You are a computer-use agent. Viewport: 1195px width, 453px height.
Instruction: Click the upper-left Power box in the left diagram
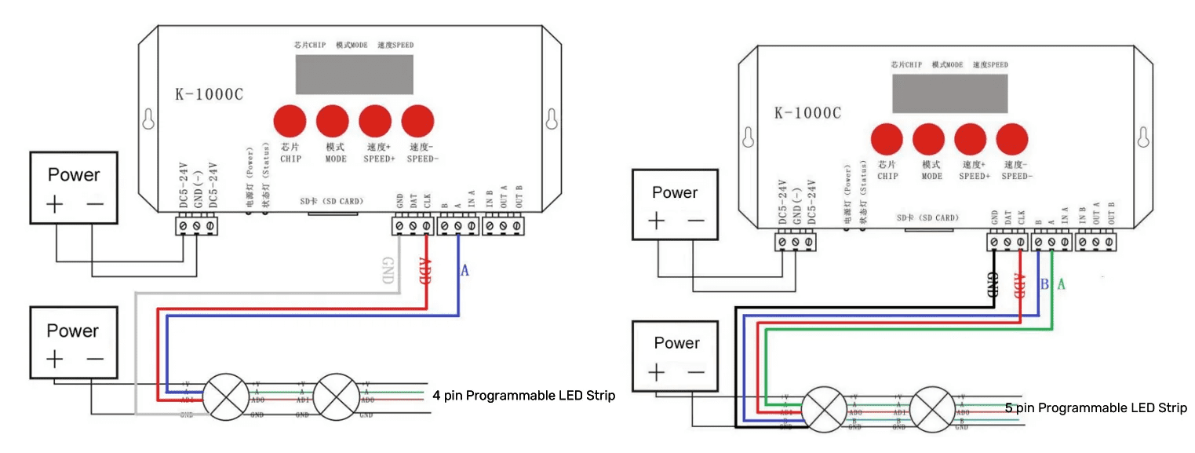74,189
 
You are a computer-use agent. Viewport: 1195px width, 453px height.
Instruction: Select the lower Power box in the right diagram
676,357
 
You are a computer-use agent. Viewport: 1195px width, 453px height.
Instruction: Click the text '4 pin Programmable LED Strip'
523,396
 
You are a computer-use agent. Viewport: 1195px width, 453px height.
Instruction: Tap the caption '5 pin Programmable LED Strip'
1095,407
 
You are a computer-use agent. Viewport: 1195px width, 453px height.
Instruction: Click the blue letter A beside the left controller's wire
464,271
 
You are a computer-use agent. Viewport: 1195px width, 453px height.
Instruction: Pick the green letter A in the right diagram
1061,283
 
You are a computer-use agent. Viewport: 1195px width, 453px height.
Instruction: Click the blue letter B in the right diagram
1044,283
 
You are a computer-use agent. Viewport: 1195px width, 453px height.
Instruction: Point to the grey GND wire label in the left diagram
387,269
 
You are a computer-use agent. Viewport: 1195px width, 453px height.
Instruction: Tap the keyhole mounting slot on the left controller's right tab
551,118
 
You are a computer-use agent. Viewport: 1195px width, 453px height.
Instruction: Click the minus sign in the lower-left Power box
95,360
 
